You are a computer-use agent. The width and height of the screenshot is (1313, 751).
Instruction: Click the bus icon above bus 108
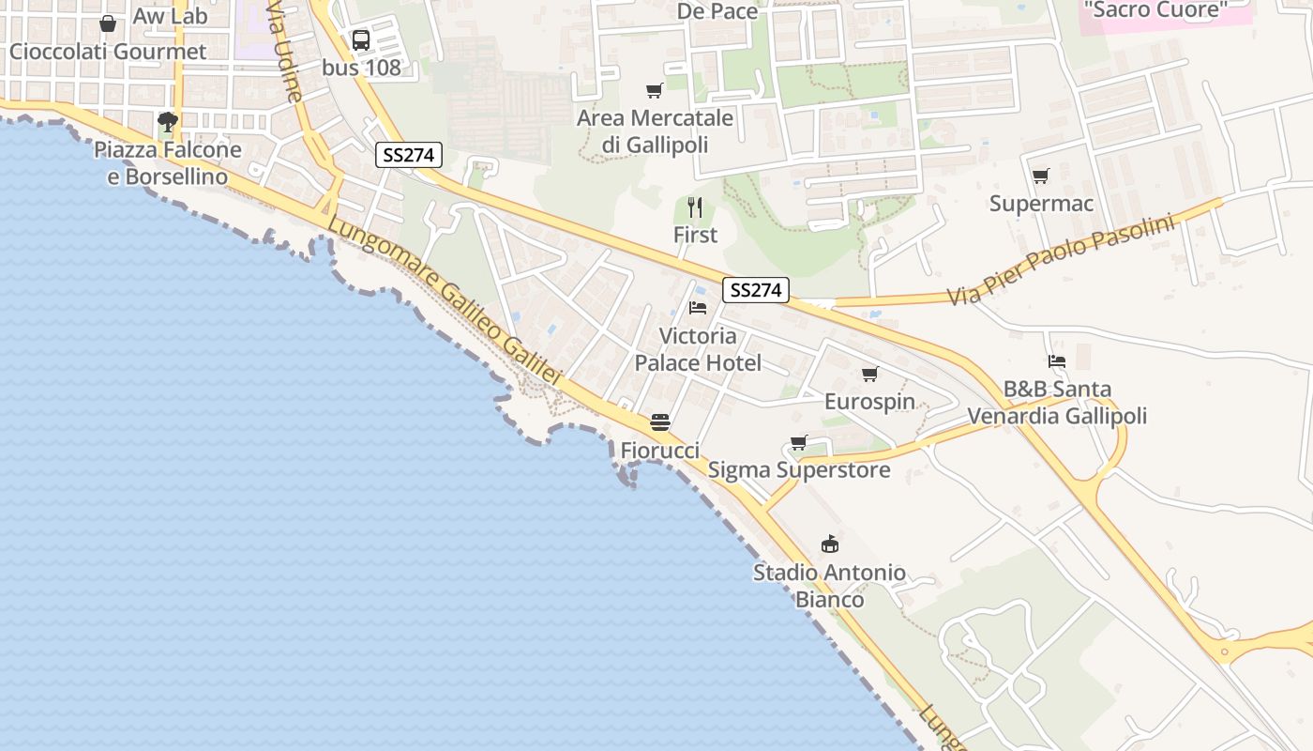361,40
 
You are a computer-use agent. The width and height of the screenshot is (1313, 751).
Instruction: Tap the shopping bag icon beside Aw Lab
108,23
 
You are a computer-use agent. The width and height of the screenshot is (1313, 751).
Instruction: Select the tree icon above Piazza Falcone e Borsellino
168,122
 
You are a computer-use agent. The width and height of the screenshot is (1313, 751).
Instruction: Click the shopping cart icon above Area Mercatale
655,91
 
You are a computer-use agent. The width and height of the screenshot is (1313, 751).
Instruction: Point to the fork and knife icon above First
695,207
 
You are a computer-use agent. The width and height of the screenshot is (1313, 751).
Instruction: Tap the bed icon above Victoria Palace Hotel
697,308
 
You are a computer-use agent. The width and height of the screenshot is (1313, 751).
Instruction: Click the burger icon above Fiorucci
660,422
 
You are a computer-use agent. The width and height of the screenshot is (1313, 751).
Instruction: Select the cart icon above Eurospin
870,375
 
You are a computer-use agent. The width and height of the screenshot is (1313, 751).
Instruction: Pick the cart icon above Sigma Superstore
799,442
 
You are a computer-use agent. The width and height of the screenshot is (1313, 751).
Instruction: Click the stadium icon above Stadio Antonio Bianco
830,544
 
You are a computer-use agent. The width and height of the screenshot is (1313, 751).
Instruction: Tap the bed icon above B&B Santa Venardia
1057,361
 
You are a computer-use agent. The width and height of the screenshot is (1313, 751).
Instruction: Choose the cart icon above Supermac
1040,176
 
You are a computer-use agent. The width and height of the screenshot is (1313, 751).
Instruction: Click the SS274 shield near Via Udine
410,155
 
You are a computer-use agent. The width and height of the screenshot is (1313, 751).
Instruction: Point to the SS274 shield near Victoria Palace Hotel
755,290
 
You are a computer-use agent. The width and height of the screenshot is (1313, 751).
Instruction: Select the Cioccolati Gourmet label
108,52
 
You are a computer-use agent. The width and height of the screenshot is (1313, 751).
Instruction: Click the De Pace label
717,11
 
